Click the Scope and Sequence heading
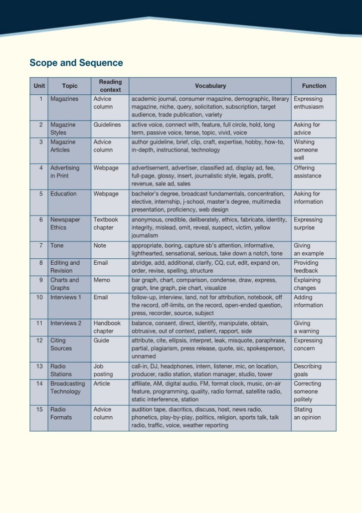click(76, 63)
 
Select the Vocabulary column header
click(210, 86)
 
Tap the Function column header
click(314, 86)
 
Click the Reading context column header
click(110, 86)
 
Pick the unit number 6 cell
click(41, 220)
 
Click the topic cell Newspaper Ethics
click(65, 224)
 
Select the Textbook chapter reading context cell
click(106, 224)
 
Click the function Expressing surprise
click(308, 224)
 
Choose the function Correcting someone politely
click(306, 392)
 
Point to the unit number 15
click(40, 410)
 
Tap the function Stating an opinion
click(307, 414)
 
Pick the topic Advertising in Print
click(65, 172)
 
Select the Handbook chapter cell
click(107, 327)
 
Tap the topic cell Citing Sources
click(61, 345)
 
